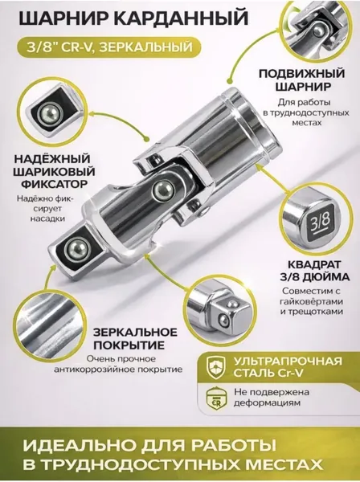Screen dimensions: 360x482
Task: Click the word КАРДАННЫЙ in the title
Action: (x=183, y=18)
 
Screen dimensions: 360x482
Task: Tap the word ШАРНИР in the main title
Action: (x=66, y=18)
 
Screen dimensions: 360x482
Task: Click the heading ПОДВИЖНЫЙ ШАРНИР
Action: (x=301, y=80)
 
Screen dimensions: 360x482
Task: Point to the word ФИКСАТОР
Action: (x=53, y=185)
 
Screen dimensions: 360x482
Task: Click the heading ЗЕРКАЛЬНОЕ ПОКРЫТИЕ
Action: (x=135, y=339)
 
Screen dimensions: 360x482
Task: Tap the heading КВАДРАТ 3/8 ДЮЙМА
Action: (x=314, y=271)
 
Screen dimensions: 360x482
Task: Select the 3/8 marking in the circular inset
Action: (x=322, y=222)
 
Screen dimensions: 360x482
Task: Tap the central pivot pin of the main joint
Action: (x=163, y=191)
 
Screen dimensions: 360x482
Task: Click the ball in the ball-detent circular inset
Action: (x=51, y=114)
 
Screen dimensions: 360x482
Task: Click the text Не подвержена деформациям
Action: (x=268, y=398)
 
